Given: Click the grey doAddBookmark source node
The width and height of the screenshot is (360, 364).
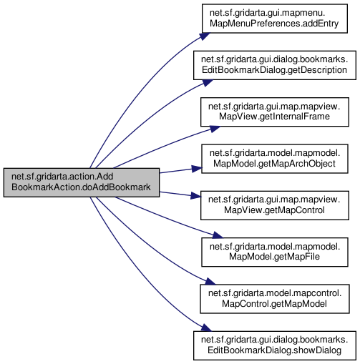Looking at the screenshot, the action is (82, 182).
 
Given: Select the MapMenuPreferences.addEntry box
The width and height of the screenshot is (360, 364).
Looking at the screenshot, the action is (275, 19).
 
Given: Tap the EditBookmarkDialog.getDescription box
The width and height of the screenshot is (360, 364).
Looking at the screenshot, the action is (275, 65).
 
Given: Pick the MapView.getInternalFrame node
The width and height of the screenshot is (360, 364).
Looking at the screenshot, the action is (275, 112).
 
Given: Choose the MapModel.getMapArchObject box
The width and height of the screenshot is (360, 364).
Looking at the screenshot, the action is (275, 159).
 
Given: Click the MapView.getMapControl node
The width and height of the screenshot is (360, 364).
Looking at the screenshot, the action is (275, 205).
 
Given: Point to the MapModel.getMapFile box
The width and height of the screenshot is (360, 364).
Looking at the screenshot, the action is (275, 252).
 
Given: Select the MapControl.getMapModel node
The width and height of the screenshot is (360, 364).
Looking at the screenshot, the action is (275, 299).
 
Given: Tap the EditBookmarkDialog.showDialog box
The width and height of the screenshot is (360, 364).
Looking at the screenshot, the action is (275, 345).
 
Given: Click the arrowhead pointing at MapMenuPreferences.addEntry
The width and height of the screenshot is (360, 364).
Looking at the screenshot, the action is (205, 36).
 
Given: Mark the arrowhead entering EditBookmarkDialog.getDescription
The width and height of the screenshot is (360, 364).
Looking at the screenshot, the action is (208, 83).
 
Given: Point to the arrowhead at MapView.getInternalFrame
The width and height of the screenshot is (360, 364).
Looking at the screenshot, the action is (215, 129).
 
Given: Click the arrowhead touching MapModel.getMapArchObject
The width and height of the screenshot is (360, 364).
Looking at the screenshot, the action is (197, 169).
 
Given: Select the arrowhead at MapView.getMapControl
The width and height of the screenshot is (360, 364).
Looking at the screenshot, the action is (196, 196).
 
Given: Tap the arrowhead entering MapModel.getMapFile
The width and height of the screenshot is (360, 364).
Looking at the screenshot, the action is (218, 235).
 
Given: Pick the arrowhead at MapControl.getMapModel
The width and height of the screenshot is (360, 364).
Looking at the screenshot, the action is (210, 282).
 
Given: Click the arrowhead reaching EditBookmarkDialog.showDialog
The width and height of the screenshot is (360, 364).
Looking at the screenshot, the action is (207, 328).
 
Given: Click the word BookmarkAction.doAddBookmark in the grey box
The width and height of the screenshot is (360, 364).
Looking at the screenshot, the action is (81, 187).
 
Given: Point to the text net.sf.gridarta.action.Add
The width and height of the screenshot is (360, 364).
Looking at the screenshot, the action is (62, 177).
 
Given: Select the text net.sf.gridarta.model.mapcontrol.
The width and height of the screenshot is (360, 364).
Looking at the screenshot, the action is (275, 293).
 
